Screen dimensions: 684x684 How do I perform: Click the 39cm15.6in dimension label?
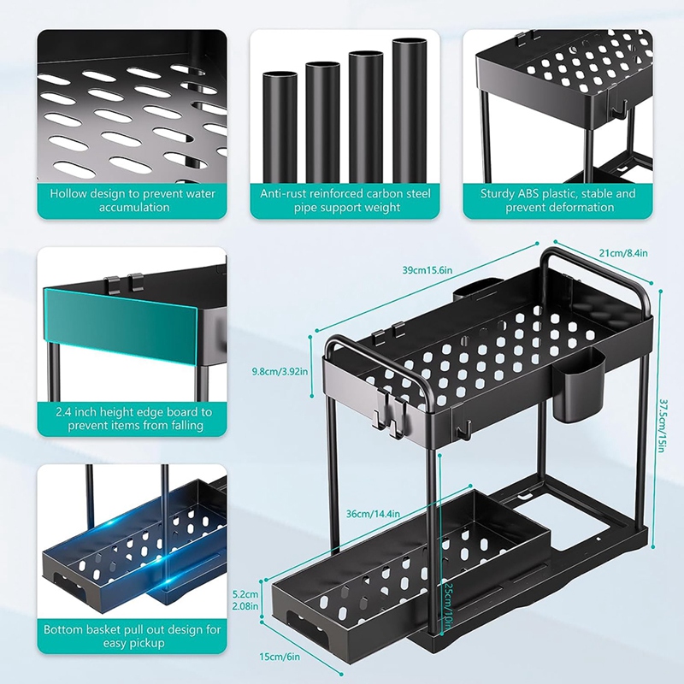427,270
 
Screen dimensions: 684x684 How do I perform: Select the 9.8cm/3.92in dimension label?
280,372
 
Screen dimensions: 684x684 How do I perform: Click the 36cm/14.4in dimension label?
373,514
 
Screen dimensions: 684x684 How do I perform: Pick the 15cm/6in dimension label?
280,656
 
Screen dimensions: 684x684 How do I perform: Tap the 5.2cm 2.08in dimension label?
245,600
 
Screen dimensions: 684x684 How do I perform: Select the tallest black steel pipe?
410,110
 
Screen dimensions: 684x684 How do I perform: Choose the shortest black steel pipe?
280,127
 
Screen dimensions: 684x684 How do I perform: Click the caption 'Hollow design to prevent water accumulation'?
133,200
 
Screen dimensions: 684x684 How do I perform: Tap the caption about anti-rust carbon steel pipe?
345,200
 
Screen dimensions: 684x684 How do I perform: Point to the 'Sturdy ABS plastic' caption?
558,200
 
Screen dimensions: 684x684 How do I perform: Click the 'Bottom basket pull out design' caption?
133,636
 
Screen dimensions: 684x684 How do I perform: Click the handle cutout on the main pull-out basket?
305,623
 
